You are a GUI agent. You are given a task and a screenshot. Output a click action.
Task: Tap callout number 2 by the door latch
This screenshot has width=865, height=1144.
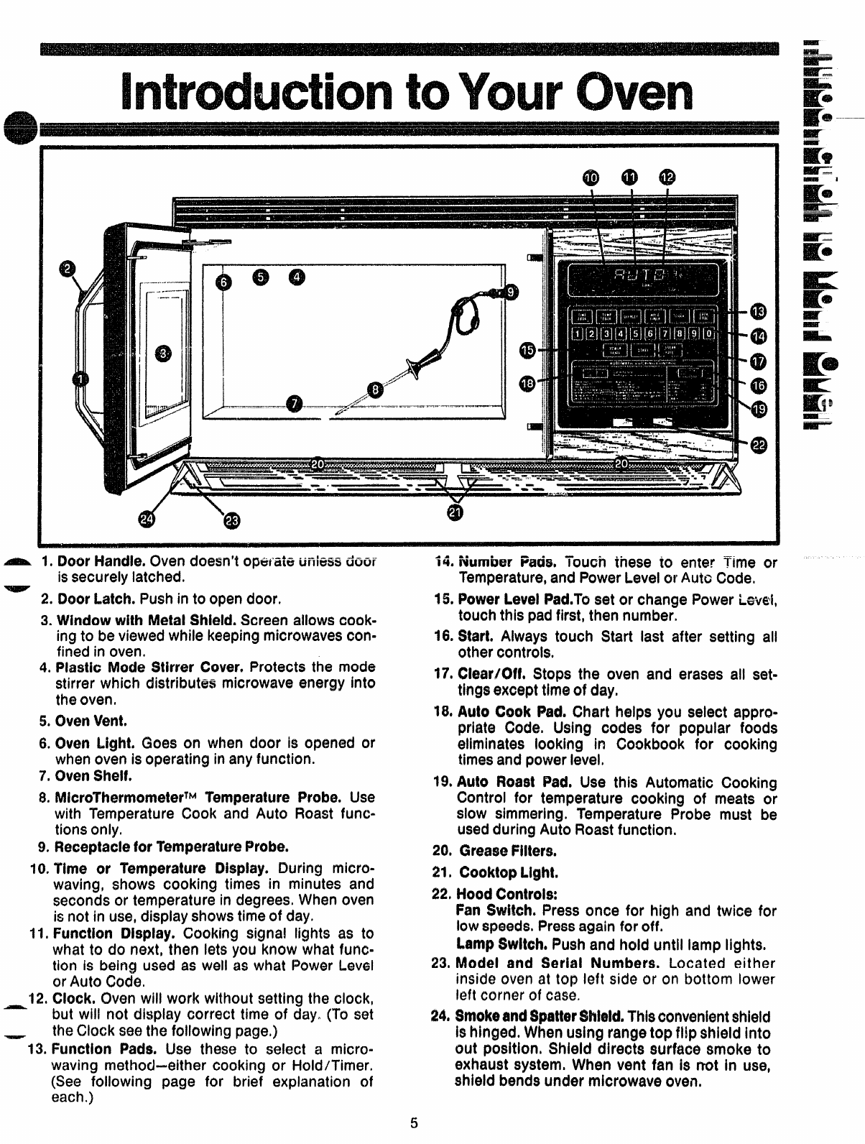pyautogui.click(x=67, y=269)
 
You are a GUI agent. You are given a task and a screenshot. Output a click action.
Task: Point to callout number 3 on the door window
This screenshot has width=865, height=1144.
pyautogui.click(x=165, y=354)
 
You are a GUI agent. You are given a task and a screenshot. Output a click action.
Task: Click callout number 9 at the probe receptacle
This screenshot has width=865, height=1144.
pyautogui.click(x=511, y=292)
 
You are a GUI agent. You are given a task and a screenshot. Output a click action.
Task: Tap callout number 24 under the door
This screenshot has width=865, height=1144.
pyautogui.click(x=148, y=520)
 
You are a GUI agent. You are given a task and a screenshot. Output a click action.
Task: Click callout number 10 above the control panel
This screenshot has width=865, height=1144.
pyautogui.click(x=590, y=177)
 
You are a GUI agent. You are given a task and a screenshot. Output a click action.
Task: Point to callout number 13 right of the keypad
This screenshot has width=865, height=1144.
pyautogui.click(x=759, y=310)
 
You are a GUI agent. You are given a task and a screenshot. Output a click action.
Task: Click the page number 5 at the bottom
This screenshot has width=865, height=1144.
pyautogui.click(x=414, y=1124)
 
